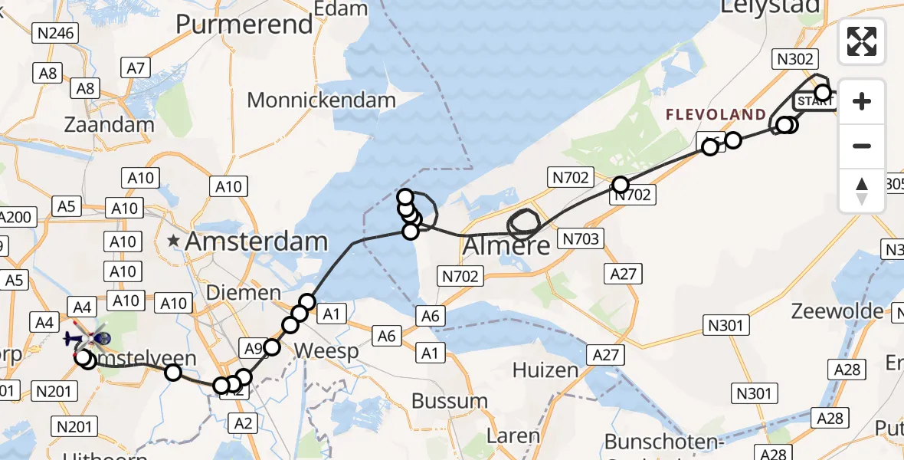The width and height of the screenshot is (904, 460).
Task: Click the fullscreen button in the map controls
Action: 862,41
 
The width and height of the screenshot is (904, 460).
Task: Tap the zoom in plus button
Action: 862,102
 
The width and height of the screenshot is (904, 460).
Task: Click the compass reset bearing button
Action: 862,191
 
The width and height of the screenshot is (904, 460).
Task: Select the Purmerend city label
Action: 244,24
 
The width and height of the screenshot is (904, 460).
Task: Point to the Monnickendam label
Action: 322,100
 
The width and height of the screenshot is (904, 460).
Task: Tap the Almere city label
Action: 507,246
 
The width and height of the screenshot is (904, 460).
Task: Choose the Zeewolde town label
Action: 838,312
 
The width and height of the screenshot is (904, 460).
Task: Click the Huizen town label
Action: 545,371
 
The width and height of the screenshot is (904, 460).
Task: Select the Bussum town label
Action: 450,401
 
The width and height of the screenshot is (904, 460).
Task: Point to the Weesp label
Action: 326,352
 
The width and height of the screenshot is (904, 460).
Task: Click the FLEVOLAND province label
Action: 715,115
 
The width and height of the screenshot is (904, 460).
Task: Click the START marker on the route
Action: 814,101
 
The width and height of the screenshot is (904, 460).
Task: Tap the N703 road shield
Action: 580,238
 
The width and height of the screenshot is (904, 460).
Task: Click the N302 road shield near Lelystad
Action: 797,60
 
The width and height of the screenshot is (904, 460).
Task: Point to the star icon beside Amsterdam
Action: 175,242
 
